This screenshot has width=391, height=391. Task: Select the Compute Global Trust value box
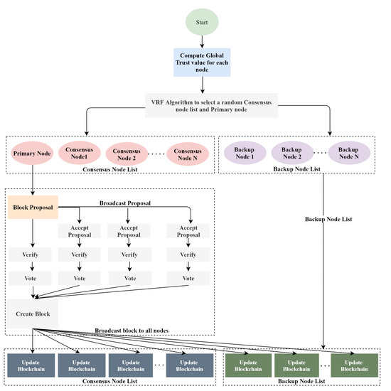(x=203, y=61)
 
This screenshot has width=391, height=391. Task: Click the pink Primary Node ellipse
(x=30, y=152)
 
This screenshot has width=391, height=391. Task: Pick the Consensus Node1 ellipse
(x=80, y=152)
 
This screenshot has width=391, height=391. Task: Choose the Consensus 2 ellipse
(x=127, y=152)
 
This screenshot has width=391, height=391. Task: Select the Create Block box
(x=31, y=313)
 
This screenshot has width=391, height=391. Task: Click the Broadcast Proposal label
(x=126, y=202)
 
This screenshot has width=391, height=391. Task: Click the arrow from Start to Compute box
(x=203, y=39)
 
